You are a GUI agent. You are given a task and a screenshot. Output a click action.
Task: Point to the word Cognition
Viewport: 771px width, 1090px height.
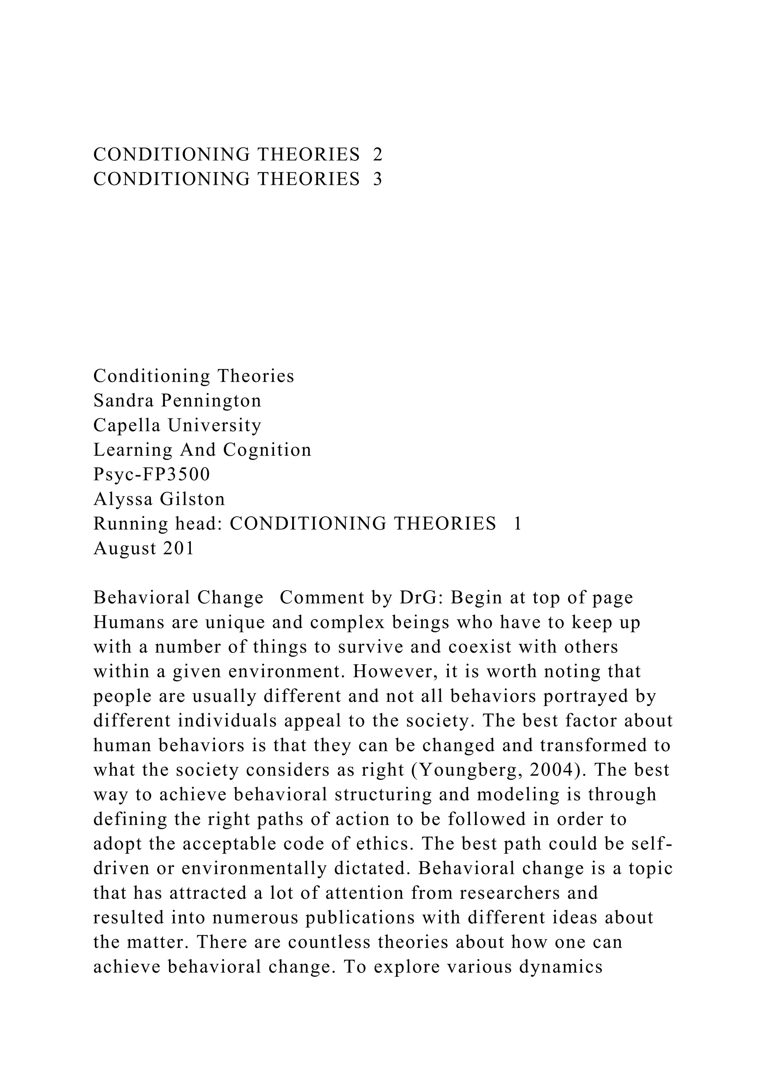pos(267,450)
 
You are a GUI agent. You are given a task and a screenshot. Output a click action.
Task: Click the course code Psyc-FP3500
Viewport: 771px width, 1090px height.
pos(151,475)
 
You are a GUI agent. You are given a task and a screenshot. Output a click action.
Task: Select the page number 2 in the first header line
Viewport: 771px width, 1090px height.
pos(378,155)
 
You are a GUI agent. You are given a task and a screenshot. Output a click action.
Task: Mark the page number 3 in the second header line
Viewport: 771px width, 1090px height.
pos(378,180)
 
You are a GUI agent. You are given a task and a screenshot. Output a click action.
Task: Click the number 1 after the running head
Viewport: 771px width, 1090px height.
pos(518,524)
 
